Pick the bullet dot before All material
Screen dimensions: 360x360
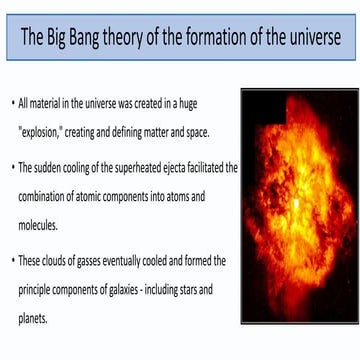click(x=12, y=103)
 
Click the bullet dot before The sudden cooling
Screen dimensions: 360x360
click(x=12, y=167)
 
